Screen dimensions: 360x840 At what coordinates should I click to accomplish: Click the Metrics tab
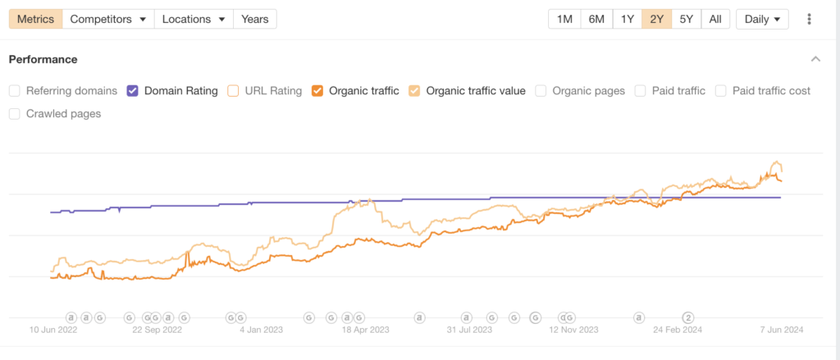click(35, 19)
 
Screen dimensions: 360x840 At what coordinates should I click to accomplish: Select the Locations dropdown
click(193, 19)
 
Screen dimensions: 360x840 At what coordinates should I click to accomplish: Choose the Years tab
click(254, 19)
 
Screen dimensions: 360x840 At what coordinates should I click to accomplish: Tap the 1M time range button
click(564, 19)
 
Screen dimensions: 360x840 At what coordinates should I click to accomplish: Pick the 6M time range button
click(596, 19)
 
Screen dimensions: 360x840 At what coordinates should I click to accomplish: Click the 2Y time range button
click(657, 19)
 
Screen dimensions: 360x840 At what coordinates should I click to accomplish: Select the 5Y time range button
click(687, 19)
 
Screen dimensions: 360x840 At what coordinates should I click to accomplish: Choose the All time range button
click(715, 19)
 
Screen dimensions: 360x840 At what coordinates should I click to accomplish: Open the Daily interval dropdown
click(762, 19)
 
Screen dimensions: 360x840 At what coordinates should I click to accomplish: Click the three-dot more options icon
click(810, 19)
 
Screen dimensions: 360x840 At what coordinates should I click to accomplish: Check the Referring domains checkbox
click(15, 91)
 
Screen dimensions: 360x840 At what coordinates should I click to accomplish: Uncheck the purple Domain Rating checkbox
click(133, 91)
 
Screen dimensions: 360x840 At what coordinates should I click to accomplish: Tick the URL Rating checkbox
click(234, 91)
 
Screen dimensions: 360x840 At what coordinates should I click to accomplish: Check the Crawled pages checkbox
click(15, 114)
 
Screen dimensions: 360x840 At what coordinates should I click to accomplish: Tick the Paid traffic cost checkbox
click(720, 91)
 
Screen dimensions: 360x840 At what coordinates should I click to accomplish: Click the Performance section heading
click(43, 60)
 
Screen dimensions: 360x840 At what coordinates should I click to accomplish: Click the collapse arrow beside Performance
click(815, 60)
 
